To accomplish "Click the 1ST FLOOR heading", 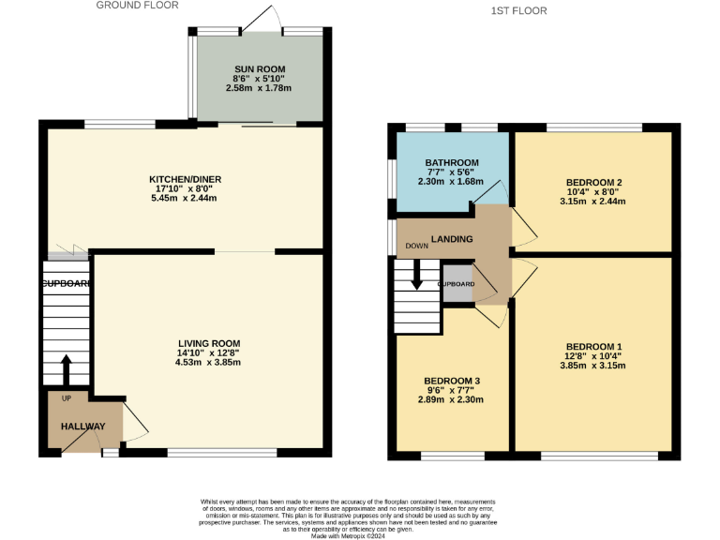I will pos(517,11).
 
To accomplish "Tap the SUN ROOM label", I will pos(259,69).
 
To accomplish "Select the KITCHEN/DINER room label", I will pos(185,179).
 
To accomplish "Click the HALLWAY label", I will pos(83,427).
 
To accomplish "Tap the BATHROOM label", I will pos(452,162).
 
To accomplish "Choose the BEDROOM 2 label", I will pos(593,182).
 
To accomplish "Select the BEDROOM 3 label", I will pos(452,381).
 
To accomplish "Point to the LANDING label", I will pos(451,240).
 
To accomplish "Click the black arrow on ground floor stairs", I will pos(66,369).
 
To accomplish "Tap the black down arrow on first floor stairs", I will pos(416,277).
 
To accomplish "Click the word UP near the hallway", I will pos(65,398).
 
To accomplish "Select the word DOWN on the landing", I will pos(416,247).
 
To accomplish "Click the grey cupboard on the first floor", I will pos(457,284).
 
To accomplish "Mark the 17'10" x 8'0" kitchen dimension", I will pos(185,189).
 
